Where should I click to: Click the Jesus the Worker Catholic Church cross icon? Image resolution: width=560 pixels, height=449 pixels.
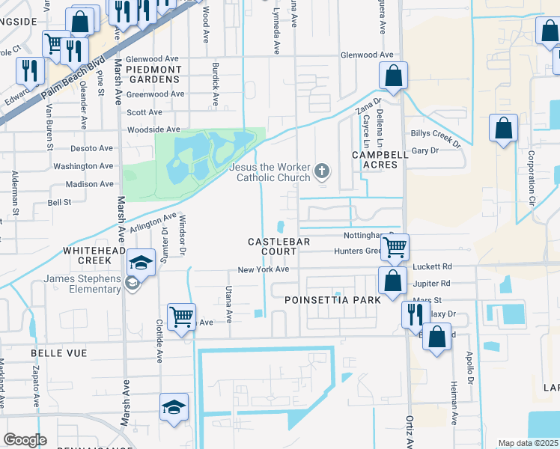[323, 171]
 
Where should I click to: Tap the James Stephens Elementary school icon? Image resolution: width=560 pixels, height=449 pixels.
[139, 263]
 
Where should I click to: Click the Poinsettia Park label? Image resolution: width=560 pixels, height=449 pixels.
[332, 299]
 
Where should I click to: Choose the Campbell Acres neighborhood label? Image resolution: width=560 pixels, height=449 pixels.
[380, 159]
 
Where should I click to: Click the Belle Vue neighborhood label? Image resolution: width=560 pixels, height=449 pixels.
[59, 352]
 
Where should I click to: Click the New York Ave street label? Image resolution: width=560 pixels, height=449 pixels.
[263, 269]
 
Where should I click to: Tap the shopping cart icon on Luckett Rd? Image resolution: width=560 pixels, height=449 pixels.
[395, 246]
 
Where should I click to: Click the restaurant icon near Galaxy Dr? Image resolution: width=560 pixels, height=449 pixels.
[413, 314]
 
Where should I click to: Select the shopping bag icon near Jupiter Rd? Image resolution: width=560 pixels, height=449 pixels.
[392, 281]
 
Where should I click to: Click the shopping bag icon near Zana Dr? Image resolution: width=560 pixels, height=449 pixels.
[393, 75]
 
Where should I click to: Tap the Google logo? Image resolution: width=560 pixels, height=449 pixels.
[25, 440]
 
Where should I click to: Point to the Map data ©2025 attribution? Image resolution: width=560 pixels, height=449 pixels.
[528, 443]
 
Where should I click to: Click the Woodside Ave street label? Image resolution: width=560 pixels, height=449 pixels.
[154, 129]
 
